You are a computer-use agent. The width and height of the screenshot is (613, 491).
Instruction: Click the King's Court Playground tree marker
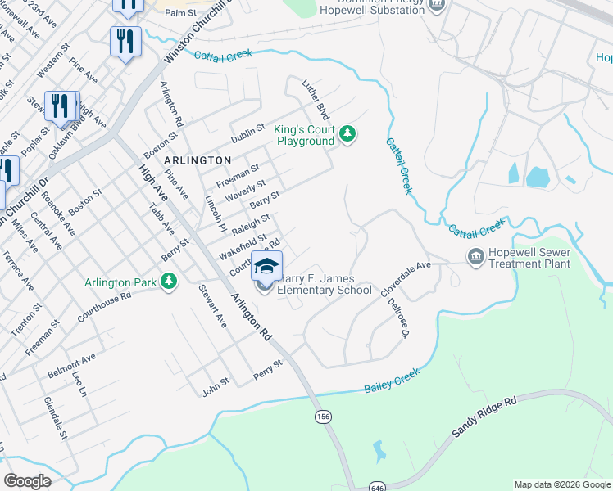point(347,133)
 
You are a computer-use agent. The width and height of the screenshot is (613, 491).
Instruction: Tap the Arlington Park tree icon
point(169,282)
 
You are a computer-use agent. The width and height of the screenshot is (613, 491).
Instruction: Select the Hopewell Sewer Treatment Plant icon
point(475,258)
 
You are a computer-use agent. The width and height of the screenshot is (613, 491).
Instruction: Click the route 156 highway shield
point(323,417)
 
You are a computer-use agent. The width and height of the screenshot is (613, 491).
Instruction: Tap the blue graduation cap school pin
point(266,267)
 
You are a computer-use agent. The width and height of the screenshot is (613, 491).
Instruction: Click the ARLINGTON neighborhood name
point(197,160)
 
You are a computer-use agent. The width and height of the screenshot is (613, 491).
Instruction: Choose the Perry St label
point(267,369)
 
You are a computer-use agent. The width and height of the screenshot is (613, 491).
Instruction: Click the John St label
point(216,386)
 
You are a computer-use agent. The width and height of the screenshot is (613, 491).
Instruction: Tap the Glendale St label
point(55,417)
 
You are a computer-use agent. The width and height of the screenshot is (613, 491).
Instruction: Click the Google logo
point(27,481)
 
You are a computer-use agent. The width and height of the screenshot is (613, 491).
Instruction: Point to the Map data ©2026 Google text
point(562,484)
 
